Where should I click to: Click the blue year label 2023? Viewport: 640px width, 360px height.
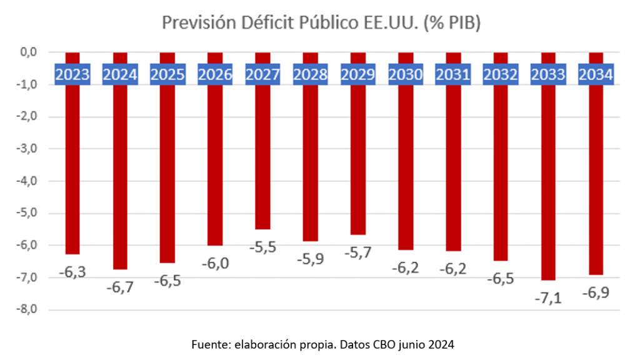72,74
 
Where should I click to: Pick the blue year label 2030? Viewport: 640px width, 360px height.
406,74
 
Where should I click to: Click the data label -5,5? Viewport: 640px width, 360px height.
262,247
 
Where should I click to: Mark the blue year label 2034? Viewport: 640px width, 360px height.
596,74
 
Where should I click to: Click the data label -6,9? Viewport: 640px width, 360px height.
596,292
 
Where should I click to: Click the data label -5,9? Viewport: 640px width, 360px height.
310,258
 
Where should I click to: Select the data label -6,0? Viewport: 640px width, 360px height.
215,263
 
